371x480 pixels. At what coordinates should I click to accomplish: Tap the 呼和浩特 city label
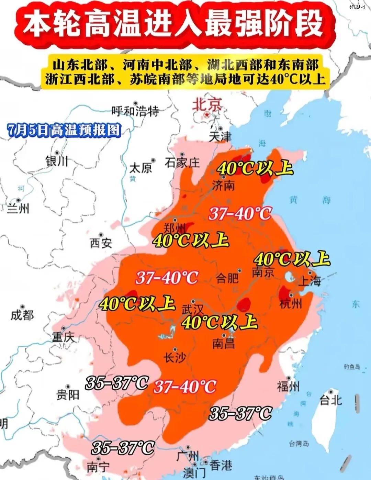click(135, 111)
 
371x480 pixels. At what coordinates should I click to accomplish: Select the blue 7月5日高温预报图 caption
click(64, 130)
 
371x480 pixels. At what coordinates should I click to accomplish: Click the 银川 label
click(57, 161)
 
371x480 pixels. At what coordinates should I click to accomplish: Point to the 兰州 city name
click(19, 208)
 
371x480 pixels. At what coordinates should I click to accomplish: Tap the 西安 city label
click(101, 243)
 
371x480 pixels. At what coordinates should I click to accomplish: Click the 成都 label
click(22, 315)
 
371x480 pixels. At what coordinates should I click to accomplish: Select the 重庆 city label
click(63, 337)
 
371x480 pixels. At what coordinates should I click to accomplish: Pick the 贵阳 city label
click(68, 395)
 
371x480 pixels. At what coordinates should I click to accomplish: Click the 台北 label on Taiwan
click(331, 400)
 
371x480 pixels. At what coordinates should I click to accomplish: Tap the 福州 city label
click(288, 387)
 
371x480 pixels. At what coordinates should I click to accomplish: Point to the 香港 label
click(221, 466)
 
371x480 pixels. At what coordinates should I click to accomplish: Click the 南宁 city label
click(98, 467)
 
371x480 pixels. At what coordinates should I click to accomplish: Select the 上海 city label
click(310, 281)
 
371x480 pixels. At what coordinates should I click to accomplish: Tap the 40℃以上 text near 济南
click(255, 168)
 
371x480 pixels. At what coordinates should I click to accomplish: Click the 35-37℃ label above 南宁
click(123, 448)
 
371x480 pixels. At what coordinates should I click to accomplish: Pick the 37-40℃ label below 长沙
click(185, 387)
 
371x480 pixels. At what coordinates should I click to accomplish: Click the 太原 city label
click(140, 168)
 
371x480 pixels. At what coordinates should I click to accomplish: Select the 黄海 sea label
click(309, 200)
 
